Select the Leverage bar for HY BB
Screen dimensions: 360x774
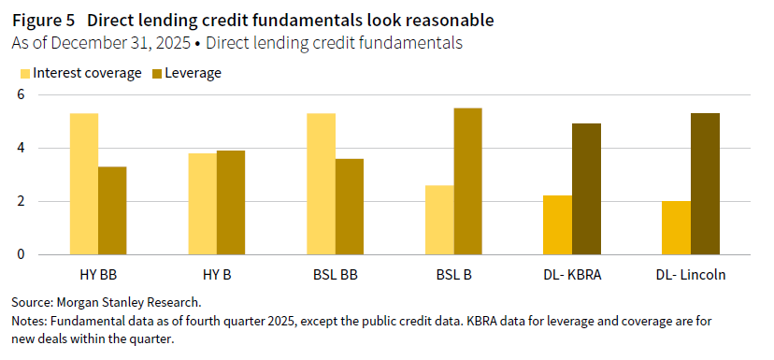(112, 210)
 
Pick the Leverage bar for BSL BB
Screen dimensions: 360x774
(350, 207)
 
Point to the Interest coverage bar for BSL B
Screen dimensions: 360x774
(439, 220)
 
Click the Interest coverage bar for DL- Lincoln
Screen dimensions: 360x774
(677, 227)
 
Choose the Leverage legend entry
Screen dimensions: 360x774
(187, 73)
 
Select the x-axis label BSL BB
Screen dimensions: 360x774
(336, 277)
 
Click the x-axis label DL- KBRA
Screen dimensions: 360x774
(573, 277)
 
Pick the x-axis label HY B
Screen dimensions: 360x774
(217, 277)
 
